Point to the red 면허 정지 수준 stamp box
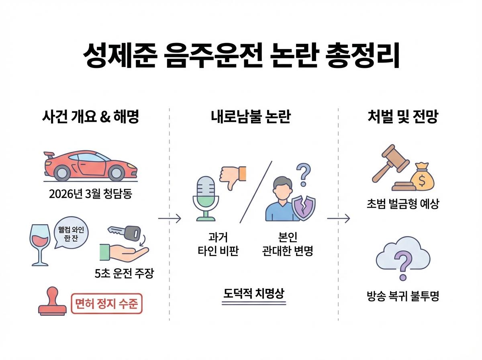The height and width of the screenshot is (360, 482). pyautogui.click(x=106, y=304)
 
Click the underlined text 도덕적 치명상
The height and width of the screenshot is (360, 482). pyautogui.click(x=253, y=293)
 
